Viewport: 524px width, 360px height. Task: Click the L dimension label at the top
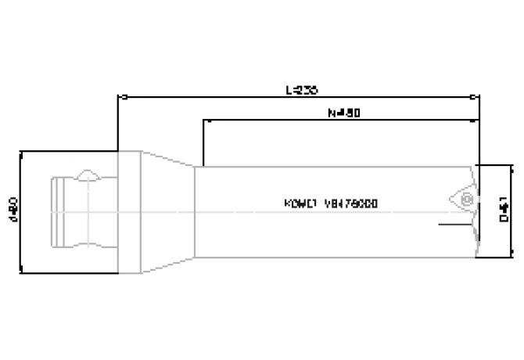pos(301,90)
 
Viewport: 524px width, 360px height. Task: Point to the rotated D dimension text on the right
pos(506,211)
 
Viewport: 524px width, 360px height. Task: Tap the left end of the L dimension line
pos(119,98)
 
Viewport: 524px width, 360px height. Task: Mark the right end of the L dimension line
pos(478,98)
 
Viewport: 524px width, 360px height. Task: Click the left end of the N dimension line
pos(204,121)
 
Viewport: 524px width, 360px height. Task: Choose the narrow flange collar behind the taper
pos(129,211)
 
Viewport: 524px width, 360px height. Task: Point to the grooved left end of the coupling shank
pos(59,211)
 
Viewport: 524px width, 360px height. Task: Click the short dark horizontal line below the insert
pos(455,227)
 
